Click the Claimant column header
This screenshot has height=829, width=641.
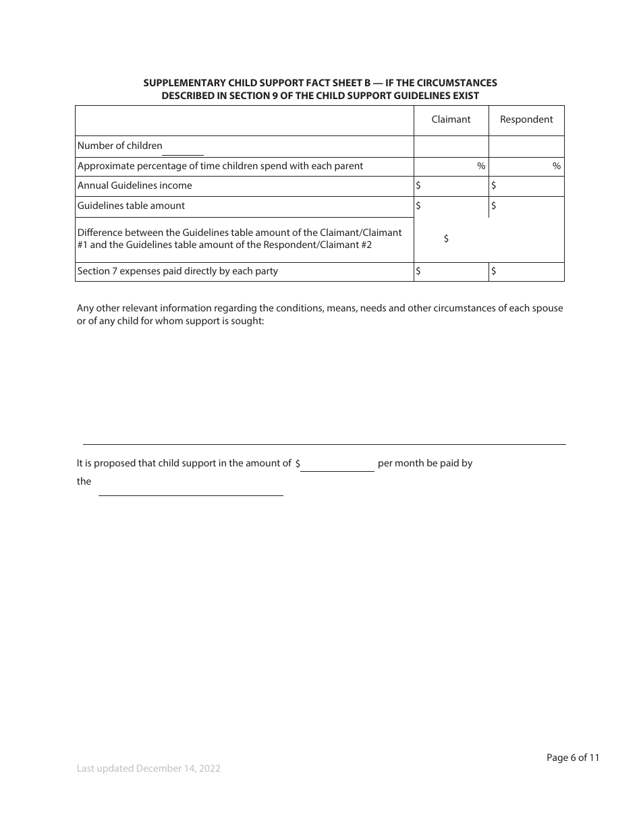tap(451, 120)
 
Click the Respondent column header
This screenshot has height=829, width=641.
tap(526, 120)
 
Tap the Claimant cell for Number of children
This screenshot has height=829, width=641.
tap(451, 146)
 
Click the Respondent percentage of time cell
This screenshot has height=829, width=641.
tap(526, 166)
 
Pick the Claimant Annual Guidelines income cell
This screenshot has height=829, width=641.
tap(451, 186)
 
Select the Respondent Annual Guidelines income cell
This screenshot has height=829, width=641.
tap(526, 186)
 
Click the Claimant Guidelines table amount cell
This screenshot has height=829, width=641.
tap(451, 206)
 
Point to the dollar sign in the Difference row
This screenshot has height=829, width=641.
tap(447, 239)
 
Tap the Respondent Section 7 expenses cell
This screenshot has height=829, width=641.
tap(526, 272)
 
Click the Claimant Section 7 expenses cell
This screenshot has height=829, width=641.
tap(451, 272)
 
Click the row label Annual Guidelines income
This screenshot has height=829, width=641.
tap(135, 186)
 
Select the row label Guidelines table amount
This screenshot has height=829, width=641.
tap(131, 206)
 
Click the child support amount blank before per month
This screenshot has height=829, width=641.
tap(337, 464)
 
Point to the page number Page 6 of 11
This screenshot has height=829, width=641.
tap(572, 758)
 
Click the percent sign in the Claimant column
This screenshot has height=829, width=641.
tap(481, 166)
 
